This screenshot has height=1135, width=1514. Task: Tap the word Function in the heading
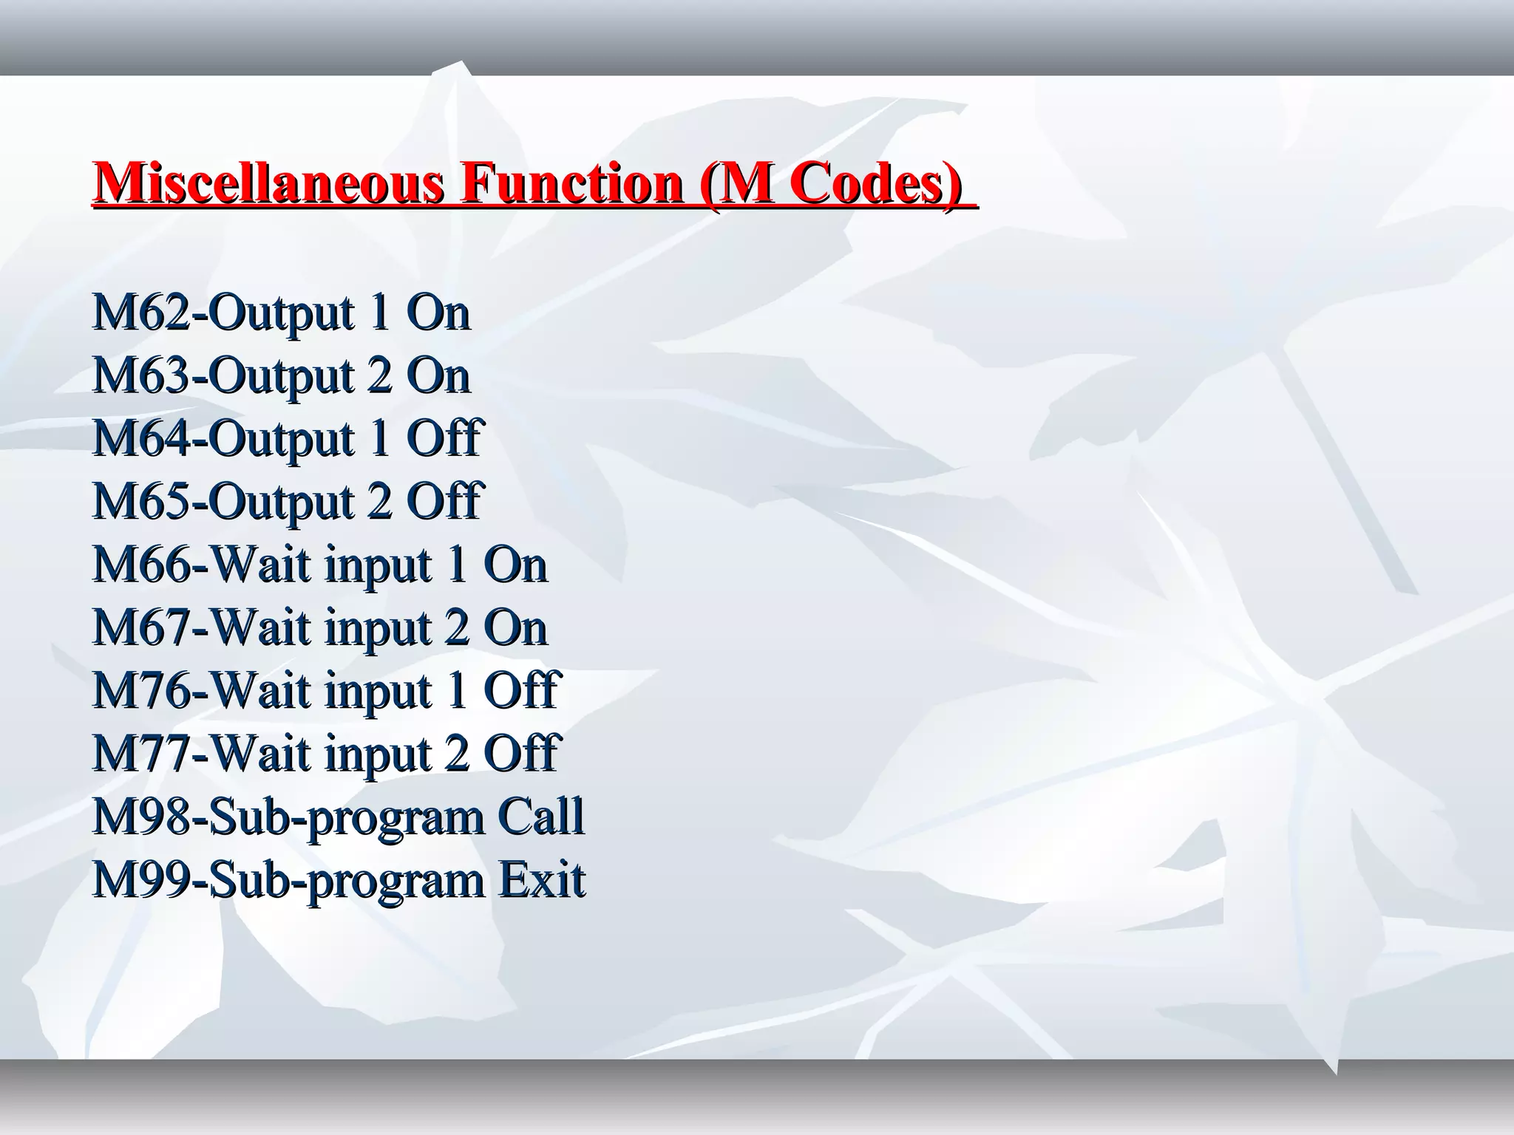(571, 183)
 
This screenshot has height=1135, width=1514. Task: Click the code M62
(141, 313)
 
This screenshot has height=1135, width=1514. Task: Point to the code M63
(141, 376)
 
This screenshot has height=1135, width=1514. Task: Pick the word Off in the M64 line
(444, 439)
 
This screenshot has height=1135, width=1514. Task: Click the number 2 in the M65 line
(378, 502)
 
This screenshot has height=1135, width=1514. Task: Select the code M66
(141, 565)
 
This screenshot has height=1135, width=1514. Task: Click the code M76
(141, 691)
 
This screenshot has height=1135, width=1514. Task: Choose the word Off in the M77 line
(520, 754)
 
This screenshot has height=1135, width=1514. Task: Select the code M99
(141, 880)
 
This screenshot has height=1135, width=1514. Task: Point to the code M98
(141, 817)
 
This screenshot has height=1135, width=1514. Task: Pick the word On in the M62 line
(438, 313)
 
